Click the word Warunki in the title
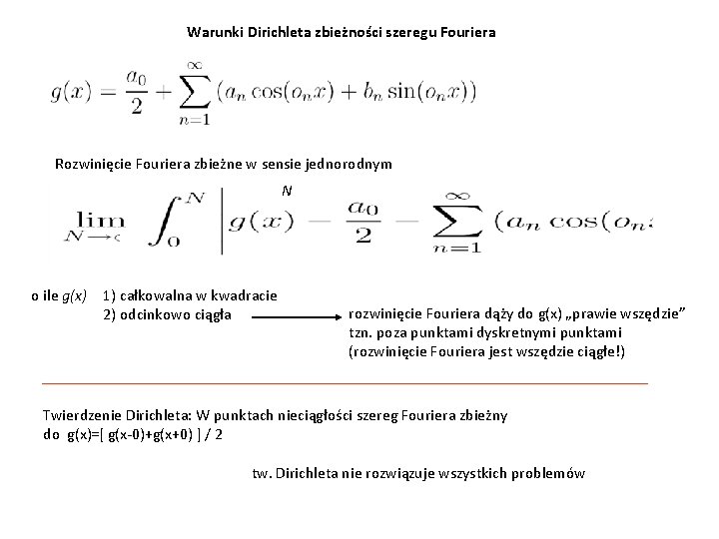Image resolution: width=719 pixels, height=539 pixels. tap(212, 32)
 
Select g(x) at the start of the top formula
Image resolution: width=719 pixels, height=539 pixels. tap(70, 94)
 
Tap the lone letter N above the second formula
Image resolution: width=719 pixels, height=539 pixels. tap(287, 190)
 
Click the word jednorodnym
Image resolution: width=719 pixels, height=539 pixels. tap(351, 164)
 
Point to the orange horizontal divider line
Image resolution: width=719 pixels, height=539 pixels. tap(345, 383)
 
